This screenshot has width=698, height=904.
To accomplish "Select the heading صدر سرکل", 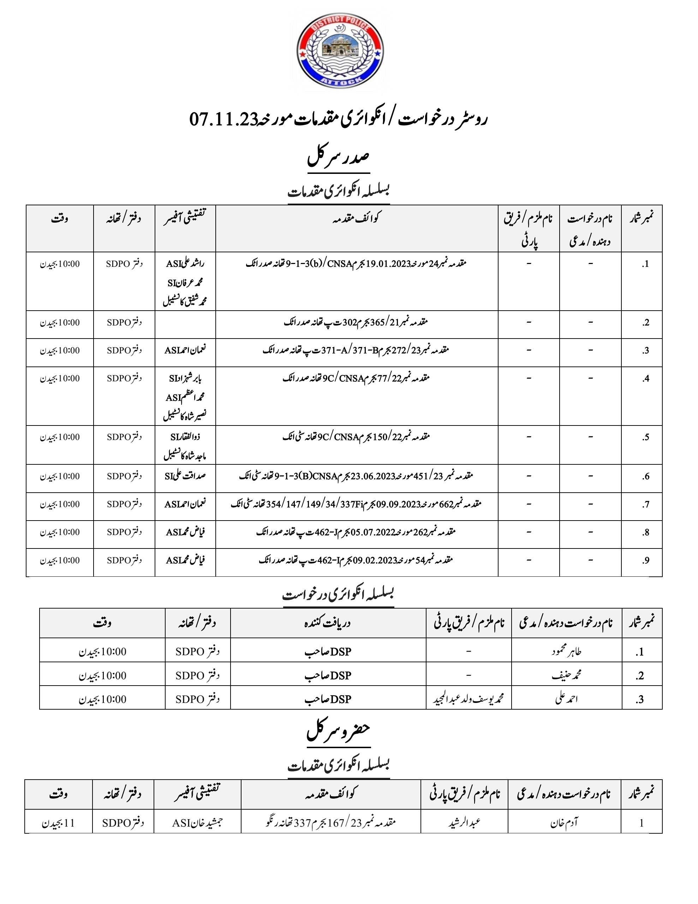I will click(x=338, y=158).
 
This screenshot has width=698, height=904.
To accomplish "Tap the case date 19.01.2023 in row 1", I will click(x=387, y=264).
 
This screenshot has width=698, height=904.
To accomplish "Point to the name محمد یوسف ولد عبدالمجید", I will click(x=469, y=699).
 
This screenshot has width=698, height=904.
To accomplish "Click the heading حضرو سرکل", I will click(x=338, y=733).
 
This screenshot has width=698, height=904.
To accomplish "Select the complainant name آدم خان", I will click(x=564, y=823).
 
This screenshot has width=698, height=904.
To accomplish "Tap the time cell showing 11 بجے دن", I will click(x=58, y=823).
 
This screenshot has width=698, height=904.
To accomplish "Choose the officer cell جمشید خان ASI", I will click(x=197, y=823).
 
